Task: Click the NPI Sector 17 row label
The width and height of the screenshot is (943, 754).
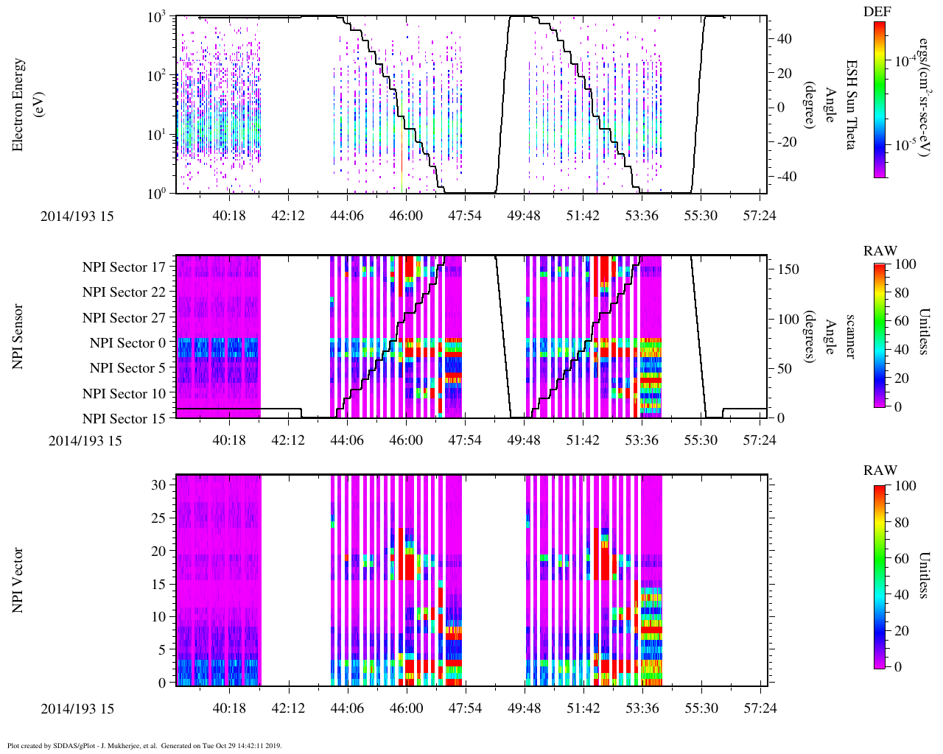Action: coord(124,267)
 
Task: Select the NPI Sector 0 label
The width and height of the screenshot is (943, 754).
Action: coord(128,343)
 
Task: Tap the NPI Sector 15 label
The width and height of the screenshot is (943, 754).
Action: coord(124,419)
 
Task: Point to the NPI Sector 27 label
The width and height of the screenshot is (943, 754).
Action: coord(124,318)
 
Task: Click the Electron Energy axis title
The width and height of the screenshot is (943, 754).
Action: coord(26,105)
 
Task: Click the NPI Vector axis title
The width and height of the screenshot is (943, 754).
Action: coord(18,580)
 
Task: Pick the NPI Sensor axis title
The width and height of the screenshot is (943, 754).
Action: coord(18,337)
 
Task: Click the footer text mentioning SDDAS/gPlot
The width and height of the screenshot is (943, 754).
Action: coord(144,746)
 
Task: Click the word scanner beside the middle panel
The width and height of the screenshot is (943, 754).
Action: coord(851,337)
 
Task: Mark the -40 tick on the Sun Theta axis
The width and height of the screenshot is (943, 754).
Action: coord(786,177)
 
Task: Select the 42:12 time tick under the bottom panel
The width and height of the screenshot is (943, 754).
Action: coord(288,709)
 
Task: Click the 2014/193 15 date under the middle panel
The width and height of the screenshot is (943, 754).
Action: coord(85,441)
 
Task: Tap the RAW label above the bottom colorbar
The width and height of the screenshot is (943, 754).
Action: coord(880,471)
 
